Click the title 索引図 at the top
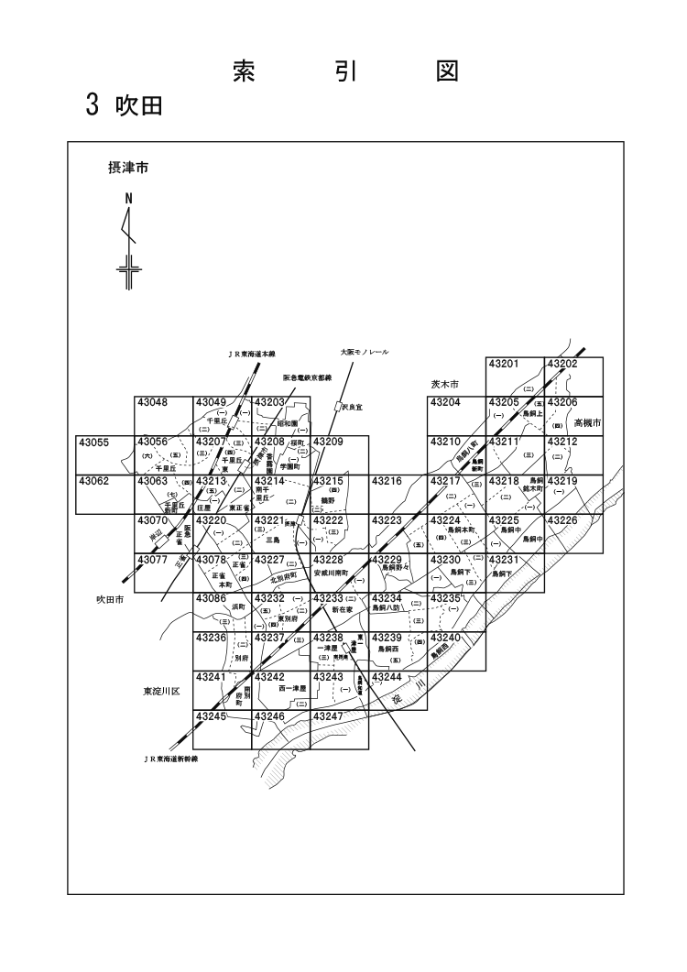(344, 71)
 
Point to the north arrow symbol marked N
(129, 236)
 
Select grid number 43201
(504, 364)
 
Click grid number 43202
(563, 364)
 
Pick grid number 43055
(94, 442)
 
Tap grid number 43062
(94, 480)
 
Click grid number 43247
(329, 715)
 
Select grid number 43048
(152, 402)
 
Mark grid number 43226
(563, 519)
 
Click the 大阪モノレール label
(365, 351)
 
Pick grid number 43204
(446, 402)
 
